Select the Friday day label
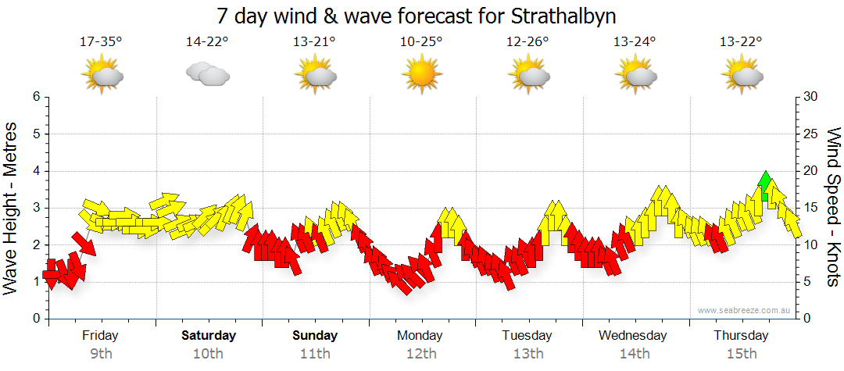point(100,336)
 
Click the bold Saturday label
point(209,336)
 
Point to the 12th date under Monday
point(421,354)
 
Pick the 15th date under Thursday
point(741,354)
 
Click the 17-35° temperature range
point(102,41)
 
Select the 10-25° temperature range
point(421,41)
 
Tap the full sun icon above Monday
point(421,74)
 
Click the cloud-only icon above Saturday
point(208,74)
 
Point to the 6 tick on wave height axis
point(35,97)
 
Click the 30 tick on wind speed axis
point(811,97)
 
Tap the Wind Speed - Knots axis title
point(833,208)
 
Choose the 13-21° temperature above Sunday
point(315,41)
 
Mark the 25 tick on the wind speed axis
point(811,134)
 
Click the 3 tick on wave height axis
point(35,208)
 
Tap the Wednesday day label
point(633,336)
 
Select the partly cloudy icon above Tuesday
point(528,74)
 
